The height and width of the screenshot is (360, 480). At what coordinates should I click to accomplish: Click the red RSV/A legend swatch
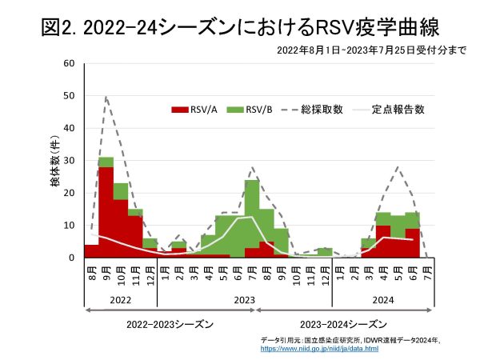(178, 109)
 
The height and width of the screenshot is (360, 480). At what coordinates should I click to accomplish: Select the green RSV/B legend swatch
(235, 109)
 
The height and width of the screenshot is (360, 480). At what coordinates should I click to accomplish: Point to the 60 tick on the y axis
(70, 63)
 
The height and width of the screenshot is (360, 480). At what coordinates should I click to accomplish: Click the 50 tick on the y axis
(70, 96)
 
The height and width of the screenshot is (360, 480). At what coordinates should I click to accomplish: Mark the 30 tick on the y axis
(70, 161)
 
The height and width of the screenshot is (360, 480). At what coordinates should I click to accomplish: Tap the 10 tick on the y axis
(70, 226)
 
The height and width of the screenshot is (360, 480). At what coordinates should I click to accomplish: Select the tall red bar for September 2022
(106, 212)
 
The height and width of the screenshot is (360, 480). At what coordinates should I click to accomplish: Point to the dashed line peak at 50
(106, 97)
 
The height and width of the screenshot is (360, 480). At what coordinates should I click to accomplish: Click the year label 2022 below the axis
(120, 299)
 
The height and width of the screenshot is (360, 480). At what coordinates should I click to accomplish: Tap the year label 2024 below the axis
(383, 299)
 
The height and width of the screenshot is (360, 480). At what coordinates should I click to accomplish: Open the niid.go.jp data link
(320, 350)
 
